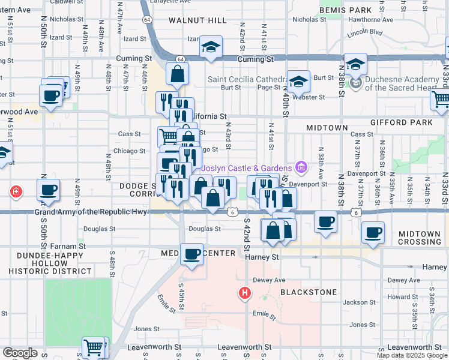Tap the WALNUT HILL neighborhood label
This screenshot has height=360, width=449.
click(x=190, y=20)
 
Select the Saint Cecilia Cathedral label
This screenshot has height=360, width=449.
click(x=246, y=79)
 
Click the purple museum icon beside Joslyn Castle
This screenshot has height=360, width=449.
click(x=302, y=167)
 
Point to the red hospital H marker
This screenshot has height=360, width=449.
click(x=245, y=293)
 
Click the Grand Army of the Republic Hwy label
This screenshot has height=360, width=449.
click(x=90, y=212)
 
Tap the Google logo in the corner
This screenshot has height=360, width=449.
click(x=20, y=353)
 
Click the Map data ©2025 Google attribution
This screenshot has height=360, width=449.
click(x=412, y=355)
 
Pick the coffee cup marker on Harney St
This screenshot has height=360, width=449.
click(x=192, y=254)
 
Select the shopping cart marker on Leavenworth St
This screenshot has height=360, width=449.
click(x=94, y=347)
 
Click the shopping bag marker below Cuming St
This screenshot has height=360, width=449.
click(x=178, y=75)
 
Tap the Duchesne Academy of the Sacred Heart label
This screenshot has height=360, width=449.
click(x=402, y=83)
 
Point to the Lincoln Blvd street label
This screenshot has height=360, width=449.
click(x=365, y=32)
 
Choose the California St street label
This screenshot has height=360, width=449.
click(x=207, y=116)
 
